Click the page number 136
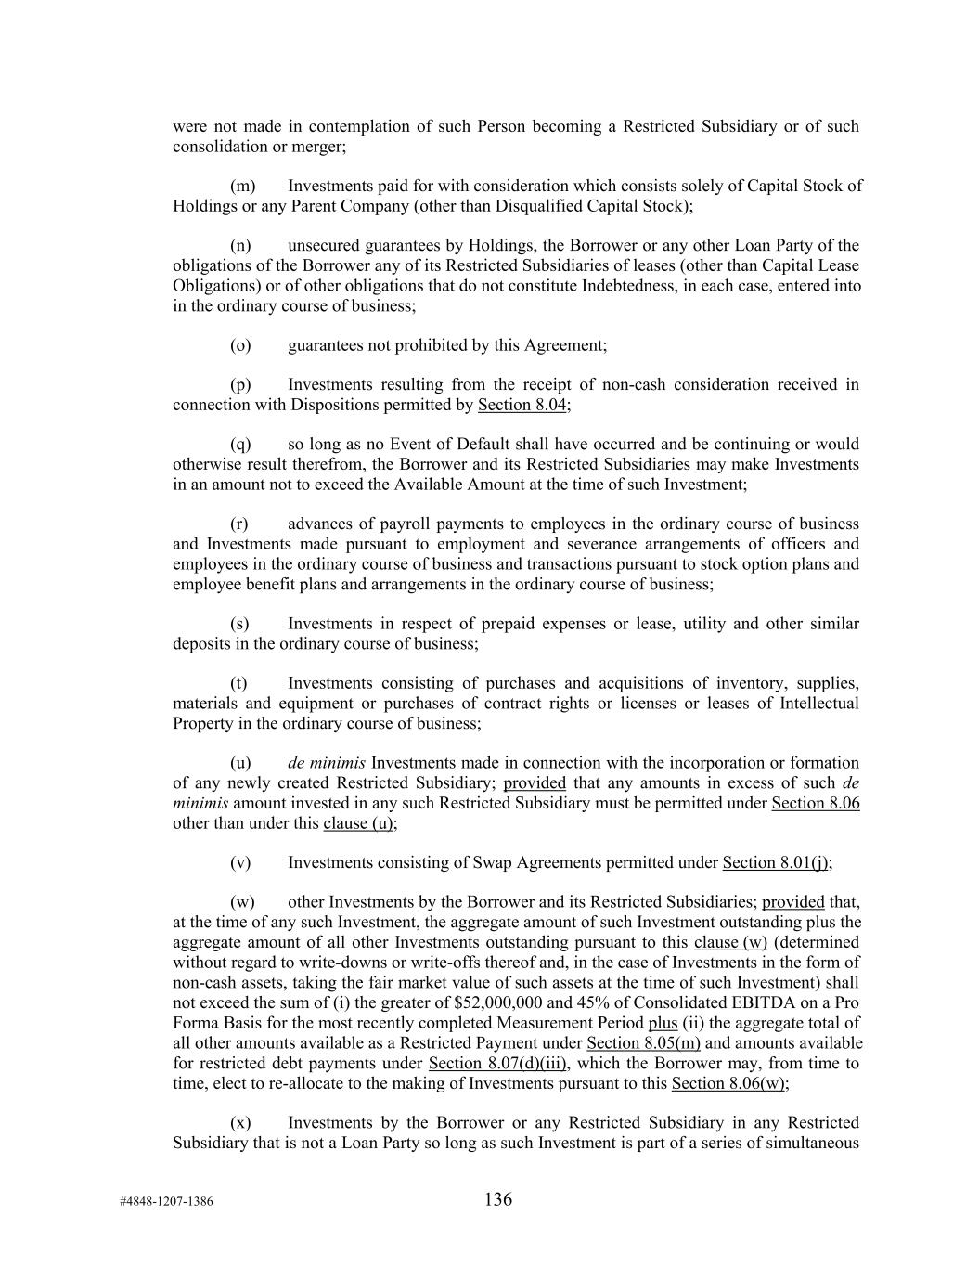point(497,1199)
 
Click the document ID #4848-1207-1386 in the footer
point(166,1201)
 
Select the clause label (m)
point(242,186)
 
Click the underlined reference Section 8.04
point(522,405)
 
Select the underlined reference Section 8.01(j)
point(775,862)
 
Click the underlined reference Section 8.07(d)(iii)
point(497,1063)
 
